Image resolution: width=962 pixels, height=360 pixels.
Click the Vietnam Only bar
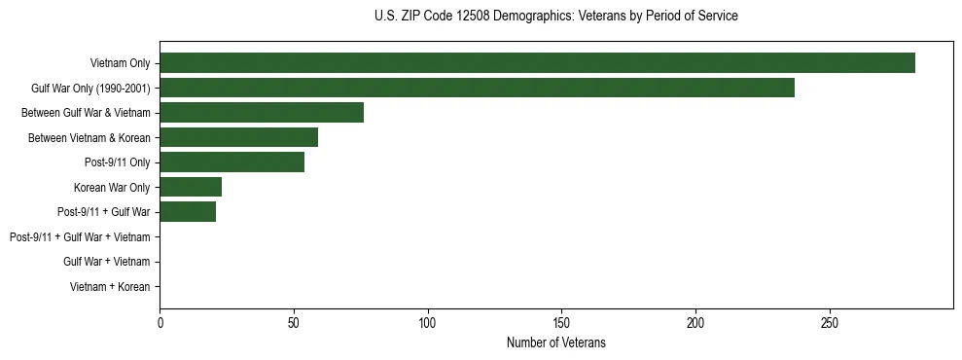(537, 63)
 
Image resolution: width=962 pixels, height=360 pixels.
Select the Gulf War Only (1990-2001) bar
(477, 88)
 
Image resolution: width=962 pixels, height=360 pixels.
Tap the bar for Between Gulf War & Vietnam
(262, 113)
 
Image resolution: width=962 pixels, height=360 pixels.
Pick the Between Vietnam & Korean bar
(238, 137)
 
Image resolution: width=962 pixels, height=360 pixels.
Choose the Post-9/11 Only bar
(232, 162)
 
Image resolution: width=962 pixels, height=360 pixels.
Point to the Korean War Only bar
(191, 187)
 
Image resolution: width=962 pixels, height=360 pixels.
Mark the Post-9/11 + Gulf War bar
(188, 212)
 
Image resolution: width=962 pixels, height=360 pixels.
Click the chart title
(555, 17)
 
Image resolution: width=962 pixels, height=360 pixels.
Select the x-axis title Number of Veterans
(555, 342)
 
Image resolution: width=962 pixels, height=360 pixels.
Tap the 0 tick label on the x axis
(160, 322)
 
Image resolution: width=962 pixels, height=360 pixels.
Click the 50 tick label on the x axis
(294, 322)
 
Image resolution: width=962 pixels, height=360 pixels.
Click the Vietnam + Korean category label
(110, 287)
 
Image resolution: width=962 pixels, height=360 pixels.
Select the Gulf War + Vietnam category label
(107, 262)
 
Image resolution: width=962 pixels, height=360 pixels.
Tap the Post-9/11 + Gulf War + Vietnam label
(80, 237)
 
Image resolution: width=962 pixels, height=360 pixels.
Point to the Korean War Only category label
(112, 187)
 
